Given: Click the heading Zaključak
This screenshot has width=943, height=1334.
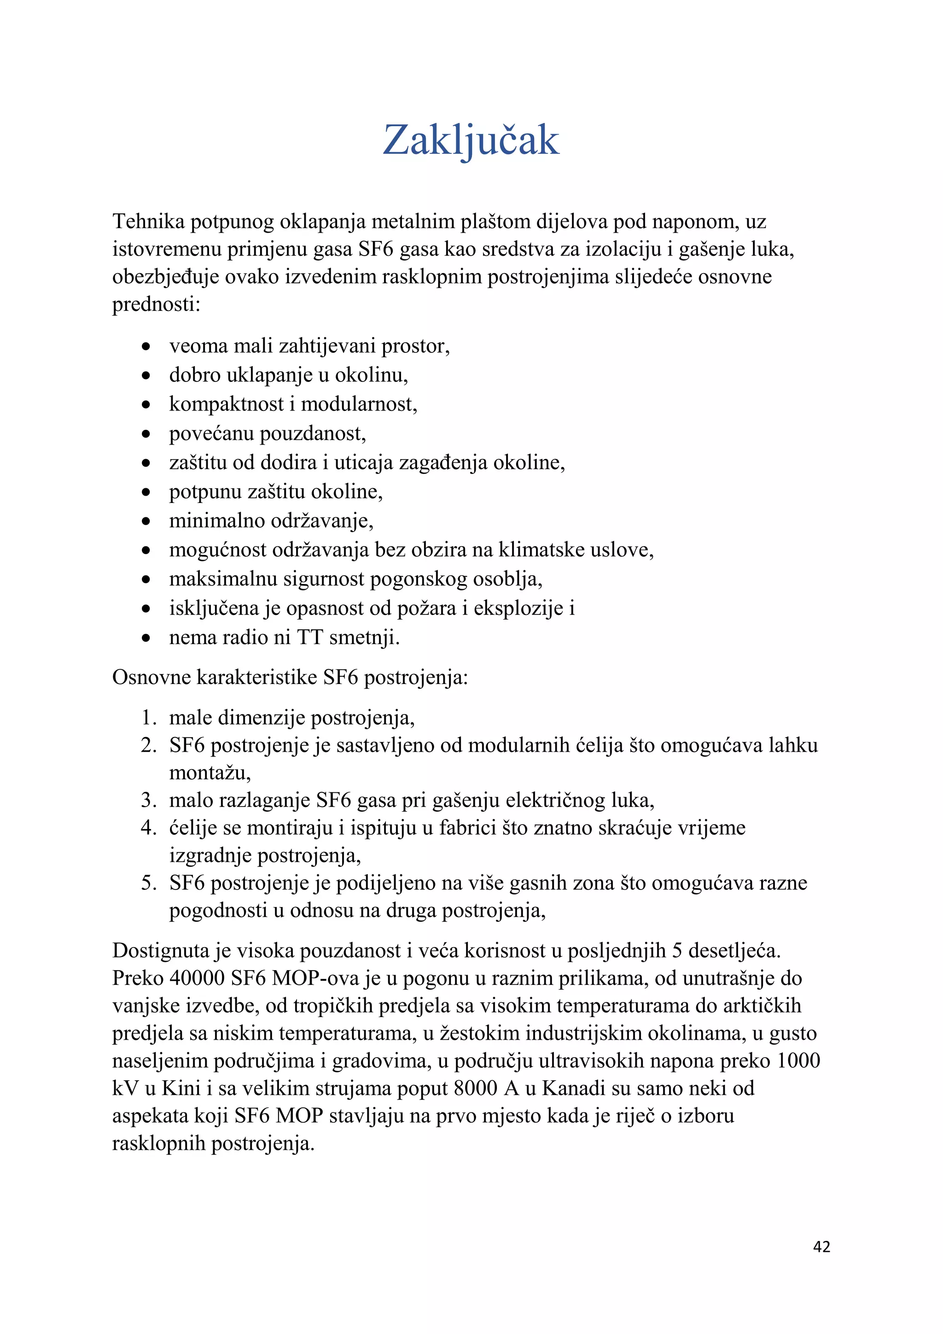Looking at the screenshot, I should click(x=471, y=140).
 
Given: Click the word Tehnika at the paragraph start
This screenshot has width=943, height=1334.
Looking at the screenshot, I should click(x=148, y=222).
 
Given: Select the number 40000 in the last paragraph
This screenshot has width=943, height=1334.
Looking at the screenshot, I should click(x=197, y=978).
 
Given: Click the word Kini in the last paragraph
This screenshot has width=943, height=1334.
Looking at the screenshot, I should click(x=180, y=1088).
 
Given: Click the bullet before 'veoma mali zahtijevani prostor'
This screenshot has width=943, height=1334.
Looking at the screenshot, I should click(x=146, y=347).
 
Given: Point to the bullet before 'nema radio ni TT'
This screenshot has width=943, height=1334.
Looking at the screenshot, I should click(x=146, y=638).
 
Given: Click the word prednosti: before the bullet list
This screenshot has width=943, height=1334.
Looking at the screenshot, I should click(x=156, y=304).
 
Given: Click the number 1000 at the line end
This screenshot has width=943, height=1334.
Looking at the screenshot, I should click(x=798, y=1060).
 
